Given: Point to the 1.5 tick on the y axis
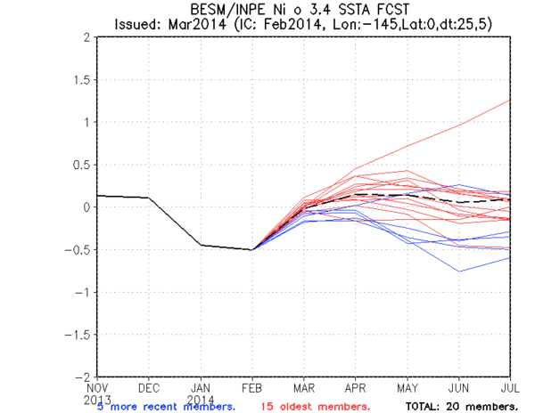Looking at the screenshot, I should pos(82,79).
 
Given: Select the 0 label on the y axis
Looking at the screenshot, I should pos(87,207).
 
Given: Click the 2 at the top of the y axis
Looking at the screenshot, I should pos(87,37).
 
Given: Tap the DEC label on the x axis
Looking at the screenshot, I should pos(148,388).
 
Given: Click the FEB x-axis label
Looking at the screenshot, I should pos(251,388).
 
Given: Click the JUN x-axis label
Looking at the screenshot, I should pos(459,388).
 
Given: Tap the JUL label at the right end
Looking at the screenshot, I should pos(509,388).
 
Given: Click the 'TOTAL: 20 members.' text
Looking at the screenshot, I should pos(461,406).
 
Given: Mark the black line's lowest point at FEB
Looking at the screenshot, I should pos(251,250).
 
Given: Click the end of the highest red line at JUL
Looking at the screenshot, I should pos(510,101).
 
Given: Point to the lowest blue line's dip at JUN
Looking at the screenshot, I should pos(459,271).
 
